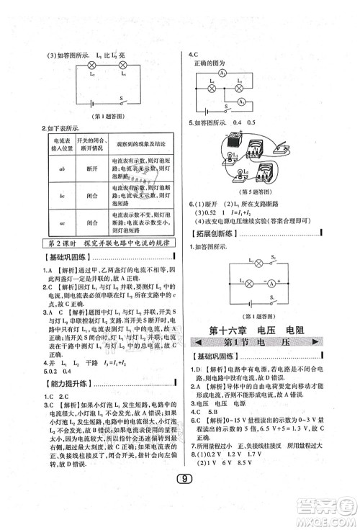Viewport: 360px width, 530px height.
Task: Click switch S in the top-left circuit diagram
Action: [x=122, y=103]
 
